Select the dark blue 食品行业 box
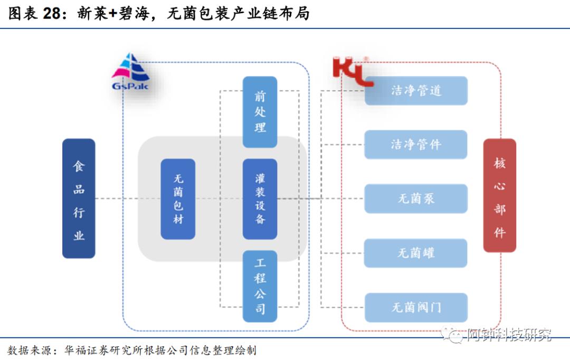[x=79, y=198]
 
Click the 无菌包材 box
[x=178, y=199]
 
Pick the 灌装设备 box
[x=260, y=199]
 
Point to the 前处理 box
[x=260, y=112]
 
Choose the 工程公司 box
[x=260, y=286]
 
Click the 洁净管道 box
[x=416, y=91]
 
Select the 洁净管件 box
[x=416, y=145]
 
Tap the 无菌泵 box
[x=416, y=199]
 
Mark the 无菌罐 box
[x=416, y=253]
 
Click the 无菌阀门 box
[x=416, y=307]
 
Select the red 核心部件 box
[x=499, y=195]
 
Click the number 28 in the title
[x=53, y=14]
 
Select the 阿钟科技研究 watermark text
[x=509, y=335]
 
